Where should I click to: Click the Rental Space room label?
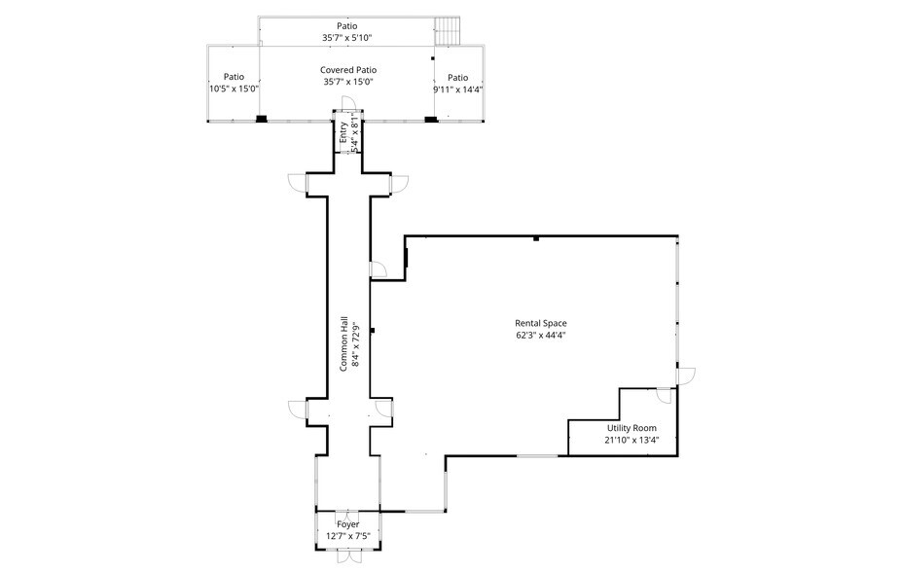[x=541, y=323]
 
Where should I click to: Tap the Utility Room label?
[x=632, y=428]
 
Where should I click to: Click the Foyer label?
[x=347, y=524]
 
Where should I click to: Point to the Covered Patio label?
[x=348, y=70]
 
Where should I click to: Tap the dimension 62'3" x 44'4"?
[x=541, y=336]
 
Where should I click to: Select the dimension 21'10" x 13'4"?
[x=632, y=441]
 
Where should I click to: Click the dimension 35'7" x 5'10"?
[x=347, y=38]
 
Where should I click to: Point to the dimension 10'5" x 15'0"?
[x=234, y=89]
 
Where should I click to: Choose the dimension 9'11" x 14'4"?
[x=458, y=89]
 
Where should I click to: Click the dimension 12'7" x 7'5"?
[x=347, y=536]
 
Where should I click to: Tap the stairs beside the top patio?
[x=447, y=30]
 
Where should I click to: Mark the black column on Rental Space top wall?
[x=536, y=238]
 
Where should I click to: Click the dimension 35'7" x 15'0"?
[x=348, y=83]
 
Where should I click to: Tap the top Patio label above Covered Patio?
[x=347, y=26]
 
